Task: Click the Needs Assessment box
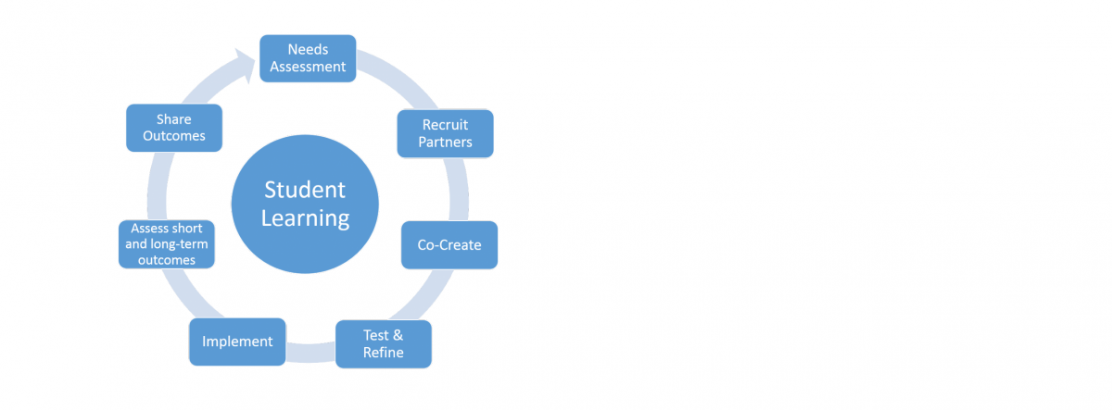[308, 58]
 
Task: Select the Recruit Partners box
[446, 133]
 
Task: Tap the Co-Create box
[449, 245]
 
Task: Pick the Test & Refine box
[384, 344]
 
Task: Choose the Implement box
[237, 342]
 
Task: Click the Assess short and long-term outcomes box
[167, 244]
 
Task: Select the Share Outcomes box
[174, 128]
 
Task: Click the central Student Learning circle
[305, 205]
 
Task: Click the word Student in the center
[305, 190]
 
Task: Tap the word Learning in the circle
[305, 218]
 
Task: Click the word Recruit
[446, 124]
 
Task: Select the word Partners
[446, 143]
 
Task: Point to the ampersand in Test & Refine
[398, 335]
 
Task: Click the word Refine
[384, 353]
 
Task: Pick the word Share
[174, 119]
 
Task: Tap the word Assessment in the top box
[308, 67]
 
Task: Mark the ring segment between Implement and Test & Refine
[310, 353]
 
